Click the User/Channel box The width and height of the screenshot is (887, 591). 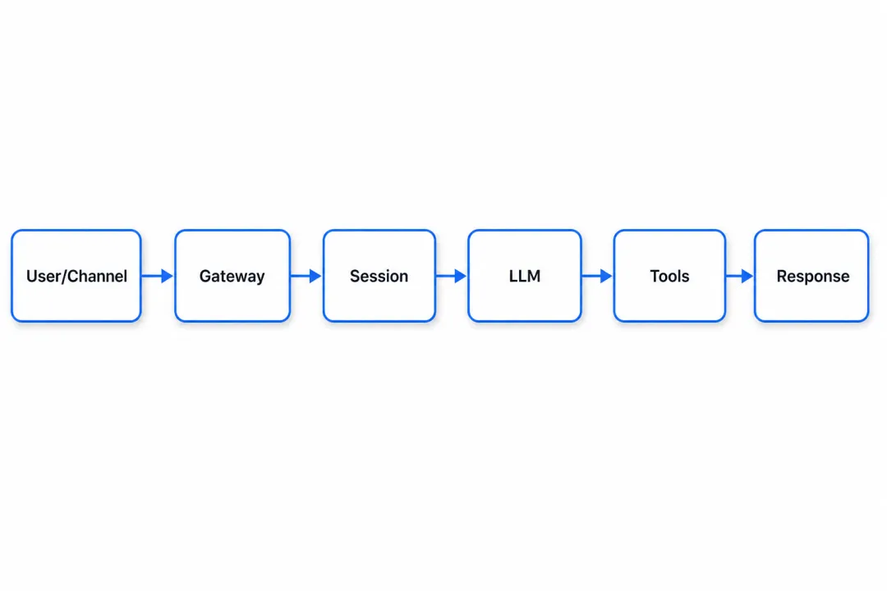click(x=76, y=276)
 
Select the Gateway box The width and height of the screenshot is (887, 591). click(x=232, y=276)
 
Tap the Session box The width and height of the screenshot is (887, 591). click(x=379, y=276)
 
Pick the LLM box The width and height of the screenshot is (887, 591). click(x=524, y=276)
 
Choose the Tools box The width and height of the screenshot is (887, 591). click(x=669, y=276)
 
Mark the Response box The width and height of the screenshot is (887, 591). click(x=811, y=276)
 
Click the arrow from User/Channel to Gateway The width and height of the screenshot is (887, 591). click(x=157, y=276)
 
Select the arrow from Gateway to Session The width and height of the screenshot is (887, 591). click(x=306, y=276)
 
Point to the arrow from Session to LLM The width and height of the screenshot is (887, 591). click(x=452, y=276)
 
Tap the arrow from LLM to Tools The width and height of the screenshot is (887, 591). click(x=597, y=276)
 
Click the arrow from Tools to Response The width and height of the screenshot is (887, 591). click(x=740, y=276)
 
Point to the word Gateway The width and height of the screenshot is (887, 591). click(x=232, y=277)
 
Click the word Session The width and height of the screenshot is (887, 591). click(x=379, y=276)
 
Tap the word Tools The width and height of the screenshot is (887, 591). click(x=670, y=276)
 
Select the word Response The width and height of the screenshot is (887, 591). click(x=813, y=277)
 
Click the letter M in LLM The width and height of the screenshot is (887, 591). click(x=534, y=276)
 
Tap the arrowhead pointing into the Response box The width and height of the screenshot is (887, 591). click(x=747, y=276)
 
